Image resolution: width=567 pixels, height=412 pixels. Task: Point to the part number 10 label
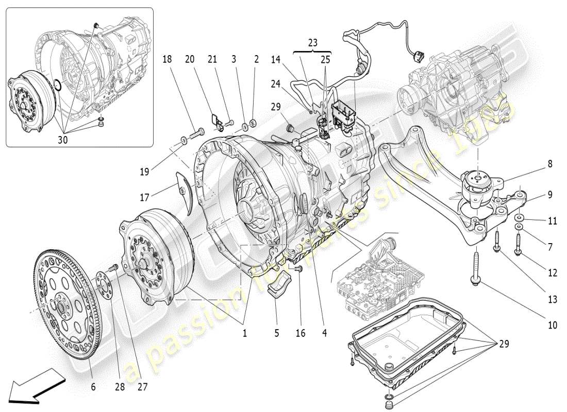coord(552,325)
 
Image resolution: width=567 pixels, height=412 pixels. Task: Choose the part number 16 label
coord(301,333)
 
